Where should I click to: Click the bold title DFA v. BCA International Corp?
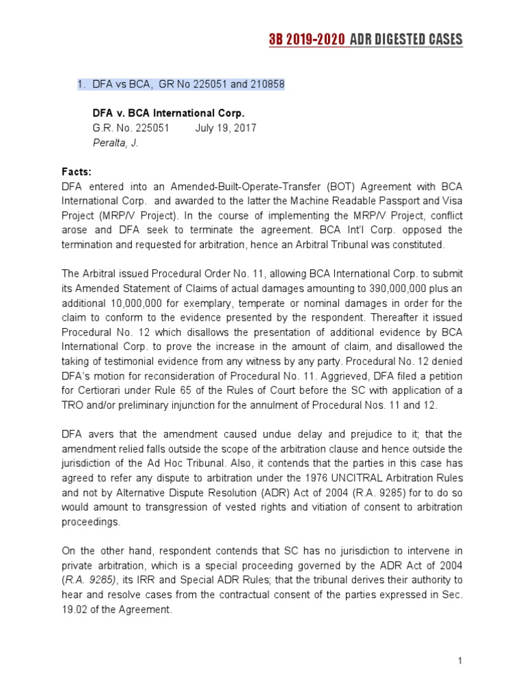point(168,113)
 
